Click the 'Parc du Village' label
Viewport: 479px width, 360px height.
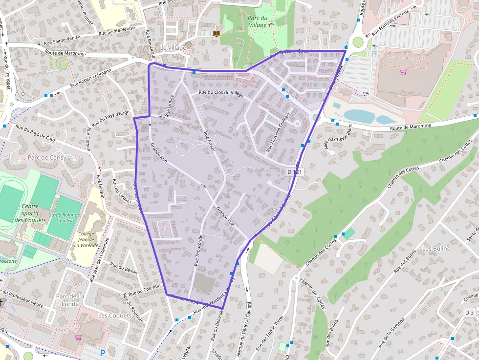coord(258,21)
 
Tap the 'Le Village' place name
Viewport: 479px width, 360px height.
coord(173,48)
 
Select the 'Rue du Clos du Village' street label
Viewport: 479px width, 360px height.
coord(221,93)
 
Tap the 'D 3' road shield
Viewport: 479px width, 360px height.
coord(469,312)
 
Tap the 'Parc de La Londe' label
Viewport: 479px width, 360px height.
coord(70,300)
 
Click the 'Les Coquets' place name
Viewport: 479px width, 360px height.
coord(115,316)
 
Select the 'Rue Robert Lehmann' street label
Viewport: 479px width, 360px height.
coord(91,77)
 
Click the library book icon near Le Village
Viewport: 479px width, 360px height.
coord(217,33)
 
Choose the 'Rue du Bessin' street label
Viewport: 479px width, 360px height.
coord(124,268)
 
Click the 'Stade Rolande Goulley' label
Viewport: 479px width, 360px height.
coord(61,217)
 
